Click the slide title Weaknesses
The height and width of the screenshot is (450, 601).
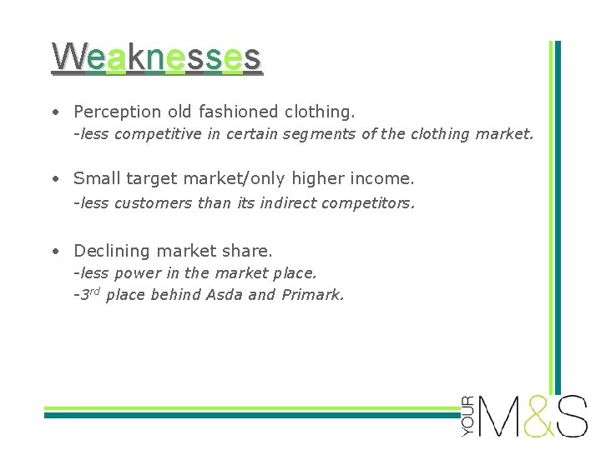click(157, 57)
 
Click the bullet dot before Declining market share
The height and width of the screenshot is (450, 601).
click(54, 251)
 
